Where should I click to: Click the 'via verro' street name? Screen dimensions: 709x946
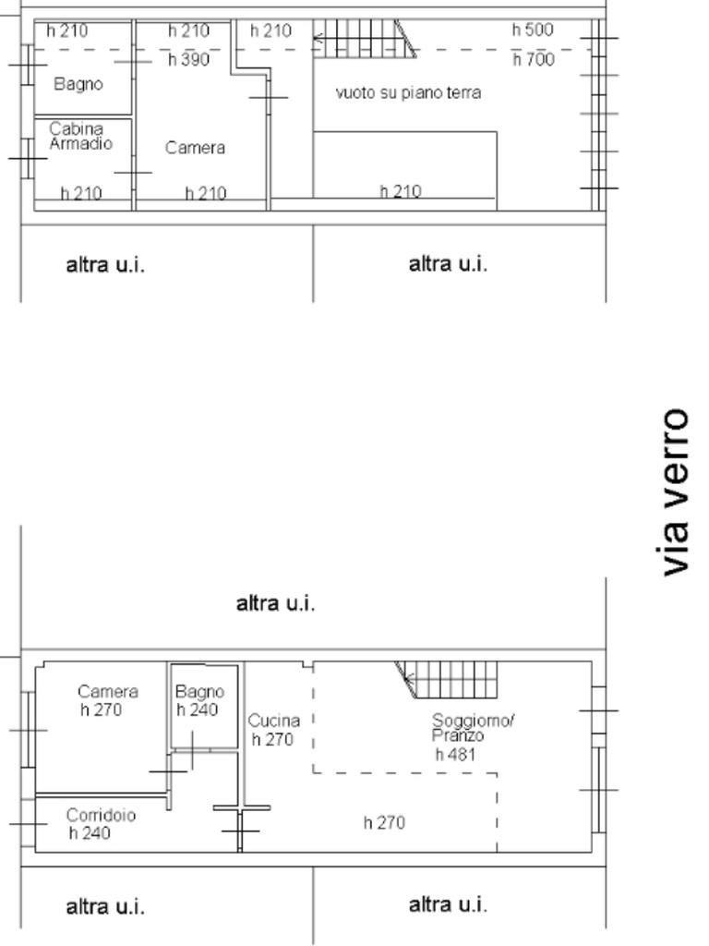tap(675, 492)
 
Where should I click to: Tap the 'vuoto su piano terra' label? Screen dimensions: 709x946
tap(408, 93)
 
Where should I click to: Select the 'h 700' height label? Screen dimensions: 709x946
tap(534, 59)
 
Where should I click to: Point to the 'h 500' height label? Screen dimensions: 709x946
tap(533, 30)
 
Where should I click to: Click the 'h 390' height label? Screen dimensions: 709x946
tap(188, 59)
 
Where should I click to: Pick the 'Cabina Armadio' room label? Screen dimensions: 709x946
tap(80, 136)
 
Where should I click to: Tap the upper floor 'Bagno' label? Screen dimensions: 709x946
tap(78, 84)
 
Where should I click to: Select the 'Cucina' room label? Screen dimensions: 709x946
tap(273, 721)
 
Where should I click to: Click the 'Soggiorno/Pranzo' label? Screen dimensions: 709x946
tap(473, 728)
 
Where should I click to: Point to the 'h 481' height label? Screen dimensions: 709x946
tap(456, 754)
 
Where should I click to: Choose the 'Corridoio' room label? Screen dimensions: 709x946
tap(101, 815)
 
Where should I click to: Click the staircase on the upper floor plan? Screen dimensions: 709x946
tap(365, 39)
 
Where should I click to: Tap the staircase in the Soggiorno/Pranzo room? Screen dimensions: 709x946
tap(447, 680)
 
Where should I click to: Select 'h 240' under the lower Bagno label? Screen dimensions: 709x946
tap(198, 709)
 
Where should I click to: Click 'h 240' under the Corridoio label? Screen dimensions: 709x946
tap(90, 833)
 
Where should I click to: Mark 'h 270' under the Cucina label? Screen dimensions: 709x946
tap(272, 739)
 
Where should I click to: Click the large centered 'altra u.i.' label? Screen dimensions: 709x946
tap(275, 603)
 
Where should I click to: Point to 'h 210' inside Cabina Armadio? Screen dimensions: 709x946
tap(81, 194)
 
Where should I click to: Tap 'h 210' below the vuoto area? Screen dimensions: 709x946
tap(401, 191)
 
